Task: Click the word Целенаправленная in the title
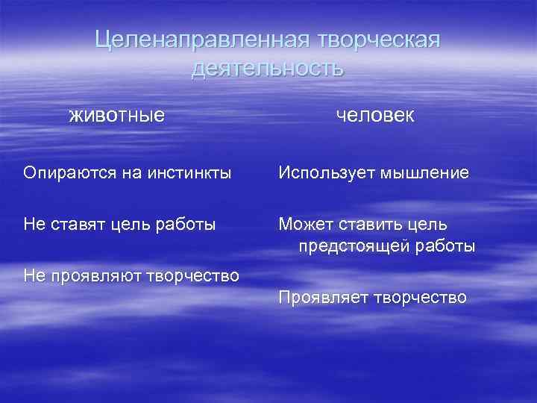tap(202, 40)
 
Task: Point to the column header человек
tap(376, 116)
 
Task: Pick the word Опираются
tap(65, 173)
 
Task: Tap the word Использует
tap(327, 173)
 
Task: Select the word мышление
tap(425, 173)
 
